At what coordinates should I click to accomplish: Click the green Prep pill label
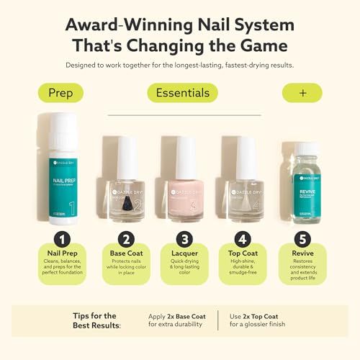pyautogui.click(x=60, y=93)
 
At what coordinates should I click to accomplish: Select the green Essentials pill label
pyautogui.click(x=182, y=93)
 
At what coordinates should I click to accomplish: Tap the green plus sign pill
pyautogui.click(x=302, y=93)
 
